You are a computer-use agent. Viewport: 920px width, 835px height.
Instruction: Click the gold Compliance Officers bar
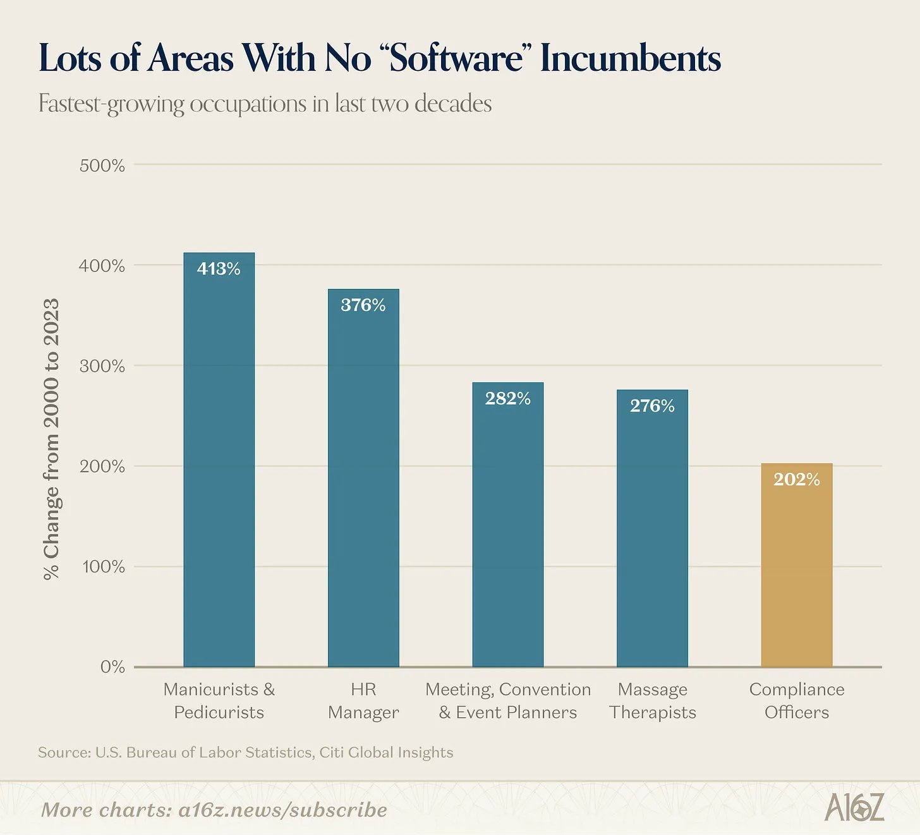(797, 564)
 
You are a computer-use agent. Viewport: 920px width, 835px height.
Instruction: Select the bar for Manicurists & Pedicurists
(219, 460)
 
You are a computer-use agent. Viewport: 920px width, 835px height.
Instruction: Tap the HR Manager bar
(363, 478)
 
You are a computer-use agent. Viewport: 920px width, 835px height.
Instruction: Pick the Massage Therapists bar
(652, 528)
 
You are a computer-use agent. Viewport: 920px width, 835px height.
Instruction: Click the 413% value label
(219, 269)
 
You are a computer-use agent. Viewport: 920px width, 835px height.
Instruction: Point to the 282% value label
(507, 398)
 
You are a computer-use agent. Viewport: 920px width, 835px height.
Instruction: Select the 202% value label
(797, 479)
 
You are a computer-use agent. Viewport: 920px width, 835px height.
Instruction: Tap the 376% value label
(363, 305)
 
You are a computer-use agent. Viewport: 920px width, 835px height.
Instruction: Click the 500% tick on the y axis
(102, 166)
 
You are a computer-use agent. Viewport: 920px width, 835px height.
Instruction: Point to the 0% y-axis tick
(112, 667)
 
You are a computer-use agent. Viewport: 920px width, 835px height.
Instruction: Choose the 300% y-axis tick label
(102, 367)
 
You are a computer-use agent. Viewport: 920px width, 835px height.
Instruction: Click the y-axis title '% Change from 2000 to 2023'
(51, 439)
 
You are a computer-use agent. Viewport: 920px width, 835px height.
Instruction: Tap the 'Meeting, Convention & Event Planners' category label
(507, 700)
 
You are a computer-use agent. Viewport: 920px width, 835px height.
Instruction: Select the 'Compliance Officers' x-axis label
(797, 700)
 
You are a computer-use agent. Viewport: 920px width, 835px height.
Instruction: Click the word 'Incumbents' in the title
(631, 58)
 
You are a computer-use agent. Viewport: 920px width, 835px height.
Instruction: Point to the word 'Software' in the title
(456, 58)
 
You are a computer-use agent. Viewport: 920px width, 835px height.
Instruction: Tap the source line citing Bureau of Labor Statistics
(245, 752)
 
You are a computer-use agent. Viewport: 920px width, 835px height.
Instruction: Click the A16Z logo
(854, 807)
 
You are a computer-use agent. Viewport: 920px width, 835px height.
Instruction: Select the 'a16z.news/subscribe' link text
(282, 810)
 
